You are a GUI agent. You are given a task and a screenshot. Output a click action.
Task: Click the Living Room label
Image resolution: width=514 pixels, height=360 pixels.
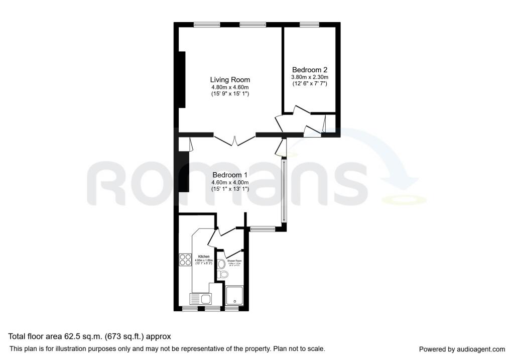(229, 80)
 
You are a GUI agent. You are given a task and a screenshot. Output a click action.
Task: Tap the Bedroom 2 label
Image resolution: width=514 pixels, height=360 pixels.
(310, 70)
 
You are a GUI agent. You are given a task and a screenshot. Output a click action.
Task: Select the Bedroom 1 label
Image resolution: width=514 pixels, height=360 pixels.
(230, 175)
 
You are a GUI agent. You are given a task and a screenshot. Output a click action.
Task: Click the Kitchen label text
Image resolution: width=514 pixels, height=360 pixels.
(203, 256)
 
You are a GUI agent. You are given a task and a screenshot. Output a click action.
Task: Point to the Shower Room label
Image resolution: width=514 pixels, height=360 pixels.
(234, 261)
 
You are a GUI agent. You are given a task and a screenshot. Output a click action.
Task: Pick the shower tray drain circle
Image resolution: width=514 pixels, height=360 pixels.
(234, 302)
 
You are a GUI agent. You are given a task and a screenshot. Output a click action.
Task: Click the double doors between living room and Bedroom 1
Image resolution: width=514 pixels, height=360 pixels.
(235, 139)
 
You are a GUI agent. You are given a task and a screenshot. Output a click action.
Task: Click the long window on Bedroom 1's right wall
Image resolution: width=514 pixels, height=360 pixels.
(284, 191)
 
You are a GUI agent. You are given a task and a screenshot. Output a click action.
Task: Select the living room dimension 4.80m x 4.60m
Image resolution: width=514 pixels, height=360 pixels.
(229, 87)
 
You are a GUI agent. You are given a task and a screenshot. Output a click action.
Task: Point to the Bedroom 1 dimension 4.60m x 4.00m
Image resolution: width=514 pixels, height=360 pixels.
(230, 182)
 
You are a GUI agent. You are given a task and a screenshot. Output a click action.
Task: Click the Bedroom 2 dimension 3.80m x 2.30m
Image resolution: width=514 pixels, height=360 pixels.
(310, 77)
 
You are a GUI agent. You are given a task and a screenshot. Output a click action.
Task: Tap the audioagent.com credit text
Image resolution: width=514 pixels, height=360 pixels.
(462, 349)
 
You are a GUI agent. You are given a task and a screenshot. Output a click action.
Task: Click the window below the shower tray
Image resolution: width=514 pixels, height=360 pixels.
(231, 308)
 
